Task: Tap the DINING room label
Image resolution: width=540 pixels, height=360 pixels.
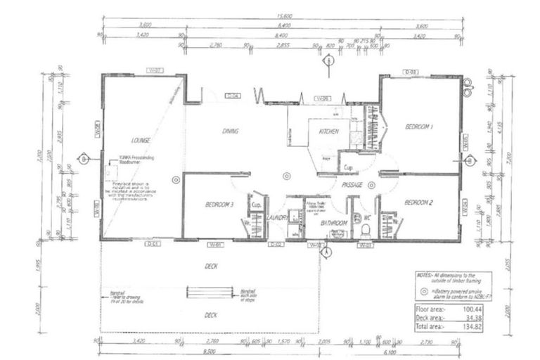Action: pos(230,131)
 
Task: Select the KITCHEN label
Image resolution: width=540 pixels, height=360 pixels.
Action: pos(329,131)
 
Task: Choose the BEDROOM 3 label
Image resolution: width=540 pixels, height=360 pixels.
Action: pos(219,205)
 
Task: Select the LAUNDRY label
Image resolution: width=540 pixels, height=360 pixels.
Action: pos(277,219)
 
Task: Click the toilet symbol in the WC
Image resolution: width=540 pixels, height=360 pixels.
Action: pos(356,219)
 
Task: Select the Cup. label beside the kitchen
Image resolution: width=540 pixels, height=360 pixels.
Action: pos(348,167)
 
